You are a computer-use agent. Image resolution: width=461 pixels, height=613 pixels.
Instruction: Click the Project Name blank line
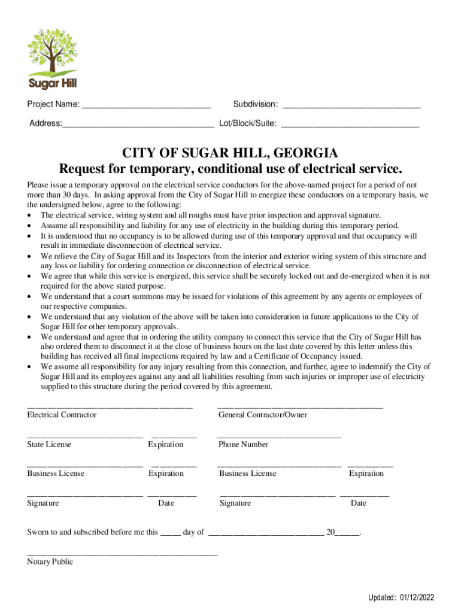(146, 107)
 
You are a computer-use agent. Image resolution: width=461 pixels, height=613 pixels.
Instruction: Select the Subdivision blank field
(351, 107)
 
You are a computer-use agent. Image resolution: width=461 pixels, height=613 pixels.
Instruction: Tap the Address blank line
(138, 126)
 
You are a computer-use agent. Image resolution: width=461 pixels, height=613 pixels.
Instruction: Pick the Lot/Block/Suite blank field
(350, 126)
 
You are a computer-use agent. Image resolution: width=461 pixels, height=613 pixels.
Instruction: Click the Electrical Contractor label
(62, 415)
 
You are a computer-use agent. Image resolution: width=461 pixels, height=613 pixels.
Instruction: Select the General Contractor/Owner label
(263, 415)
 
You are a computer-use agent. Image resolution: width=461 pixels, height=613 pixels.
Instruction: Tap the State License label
(49, 444)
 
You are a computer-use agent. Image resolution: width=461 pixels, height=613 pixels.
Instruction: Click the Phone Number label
(243, 444)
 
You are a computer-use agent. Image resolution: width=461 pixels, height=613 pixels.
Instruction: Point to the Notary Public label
(50, 562)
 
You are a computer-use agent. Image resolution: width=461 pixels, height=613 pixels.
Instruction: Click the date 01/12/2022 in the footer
(418, 597)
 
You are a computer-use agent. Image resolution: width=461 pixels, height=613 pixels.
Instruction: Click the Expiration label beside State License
(166, 444)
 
